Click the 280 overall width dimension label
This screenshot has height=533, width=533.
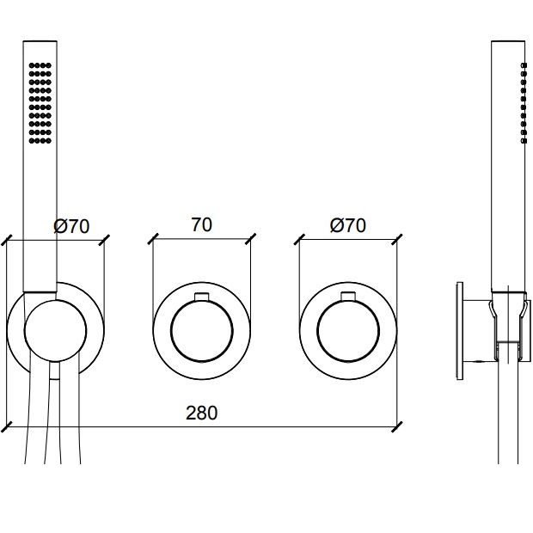tap(202, 413)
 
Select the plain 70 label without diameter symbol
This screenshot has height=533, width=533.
tap(201, 225)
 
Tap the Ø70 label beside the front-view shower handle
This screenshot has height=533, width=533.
tap(71, 226)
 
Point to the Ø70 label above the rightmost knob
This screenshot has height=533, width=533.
tap(347, 225)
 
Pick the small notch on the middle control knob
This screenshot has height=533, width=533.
tap(201, 297)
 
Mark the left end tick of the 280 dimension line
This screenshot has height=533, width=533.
tap(7, 426)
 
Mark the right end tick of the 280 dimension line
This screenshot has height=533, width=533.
tap(396, 426)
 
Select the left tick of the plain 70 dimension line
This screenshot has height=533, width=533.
tap(152, 238)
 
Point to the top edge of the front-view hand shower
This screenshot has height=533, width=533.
tap(40, 40)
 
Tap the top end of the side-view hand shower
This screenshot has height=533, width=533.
tap(507, 41)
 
